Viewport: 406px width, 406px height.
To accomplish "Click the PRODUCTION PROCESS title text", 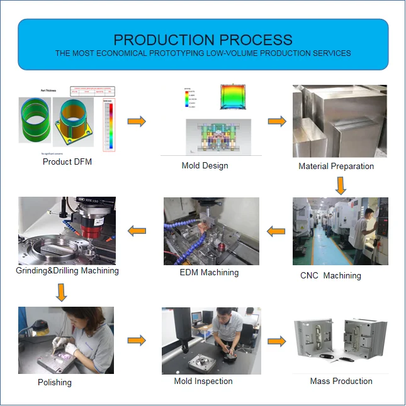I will (x=203, y=40).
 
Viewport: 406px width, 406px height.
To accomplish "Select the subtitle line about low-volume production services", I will (x=203, y=53).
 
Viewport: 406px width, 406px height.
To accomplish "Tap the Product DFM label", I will (x=67, y=162).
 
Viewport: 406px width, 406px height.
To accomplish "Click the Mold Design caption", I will (x=205, y=166).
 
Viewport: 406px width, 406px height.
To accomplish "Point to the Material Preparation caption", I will (x=336, y=167).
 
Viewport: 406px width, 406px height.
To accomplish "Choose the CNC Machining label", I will (x=330, y=275).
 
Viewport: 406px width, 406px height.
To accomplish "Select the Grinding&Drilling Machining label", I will (x=67, y=271).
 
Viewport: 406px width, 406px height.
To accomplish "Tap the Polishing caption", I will (x=55, y=382).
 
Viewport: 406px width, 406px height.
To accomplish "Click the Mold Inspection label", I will (x=203, y=381).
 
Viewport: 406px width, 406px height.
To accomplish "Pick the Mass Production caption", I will (x=341, y=381).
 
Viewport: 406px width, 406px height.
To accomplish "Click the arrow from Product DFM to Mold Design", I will (x=137, y=121).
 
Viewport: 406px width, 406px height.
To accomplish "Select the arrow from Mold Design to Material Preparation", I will (x=277, y=121).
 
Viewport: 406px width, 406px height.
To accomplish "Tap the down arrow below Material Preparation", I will (x=341, y=185).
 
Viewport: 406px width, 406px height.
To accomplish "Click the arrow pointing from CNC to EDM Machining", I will (x=276, y=231).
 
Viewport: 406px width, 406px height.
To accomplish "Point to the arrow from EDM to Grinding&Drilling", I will (x=137, y=231).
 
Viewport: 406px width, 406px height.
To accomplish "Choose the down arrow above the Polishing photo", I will (x=62, y=292).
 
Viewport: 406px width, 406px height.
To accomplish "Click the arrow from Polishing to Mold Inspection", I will (x=137, y=341).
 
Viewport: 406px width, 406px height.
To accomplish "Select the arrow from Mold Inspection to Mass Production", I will (x=277, y=341).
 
